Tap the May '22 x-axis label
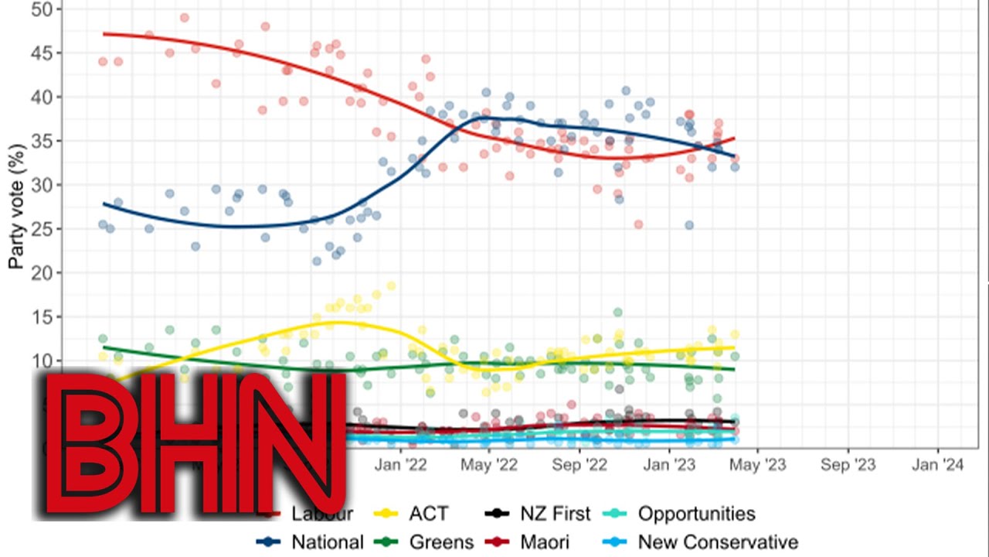(x=489, y=465)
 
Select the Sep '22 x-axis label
(x=579, y=465)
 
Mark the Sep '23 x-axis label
(x=848, y=465)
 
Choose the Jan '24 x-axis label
(x=938, y=465)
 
